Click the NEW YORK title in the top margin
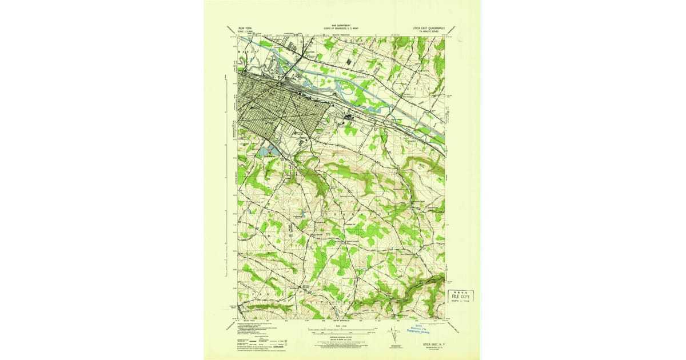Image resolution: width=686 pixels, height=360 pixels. click(244, 26)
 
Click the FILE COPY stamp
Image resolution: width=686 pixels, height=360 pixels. click(461, 297)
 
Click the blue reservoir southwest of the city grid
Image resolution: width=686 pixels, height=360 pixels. click(266, 151)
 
